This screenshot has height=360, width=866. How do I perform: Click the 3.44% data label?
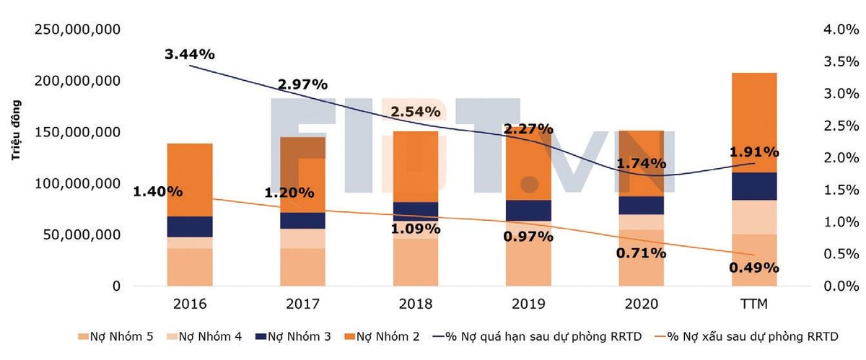pos(190,54)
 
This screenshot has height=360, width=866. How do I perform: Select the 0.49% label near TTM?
pos(754,267)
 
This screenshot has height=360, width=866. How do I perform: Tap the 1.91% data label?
pos(754,152)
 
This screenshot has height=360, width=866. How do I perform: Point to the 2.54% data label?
pos(415,112)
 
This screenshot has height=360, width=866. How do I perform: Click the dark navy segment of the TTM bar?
pos(754,186)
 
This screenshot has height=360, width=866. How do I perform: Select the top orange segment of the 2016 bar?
pos(190,180)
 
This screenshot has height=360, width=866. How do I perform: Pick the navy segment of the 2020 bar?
pos(642,205)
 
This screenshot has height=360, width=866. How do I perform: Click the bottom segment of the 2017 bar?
pos(303,267)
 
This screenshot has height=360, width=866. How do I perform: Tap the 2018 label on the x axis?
pos(416,304)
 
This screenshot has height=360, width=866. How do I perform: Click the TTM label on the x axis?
pos(754,304)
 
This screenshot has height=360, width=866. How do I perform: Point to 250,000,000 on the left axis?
pos(77,30)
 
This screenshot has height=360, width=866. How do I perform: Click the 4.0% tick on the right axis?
pos(841,30)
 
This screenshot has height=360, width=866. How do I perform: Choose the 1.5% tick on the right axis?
pos(841,190)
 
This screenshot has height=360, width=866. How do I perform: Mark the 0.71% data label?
pos(641,253)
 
